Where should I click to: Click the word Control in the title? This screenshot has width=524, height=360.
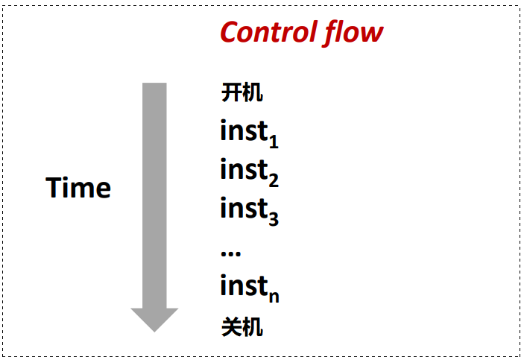click(268, 32)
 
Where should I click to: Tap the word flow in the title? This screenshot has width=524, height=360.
click(353, 33)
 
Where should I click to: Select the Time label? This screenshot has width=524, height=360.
click(78, 188)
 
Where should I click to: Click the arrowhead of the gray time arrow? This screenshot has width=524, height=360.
click(154, 320)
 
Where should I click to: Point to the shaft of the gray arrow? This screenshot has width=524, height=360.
click(154, 195)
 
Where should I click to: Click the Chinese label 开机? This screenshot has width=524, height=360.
click(242, 92)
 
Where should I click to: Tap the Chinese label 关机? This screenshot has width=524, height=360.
click(242, 326)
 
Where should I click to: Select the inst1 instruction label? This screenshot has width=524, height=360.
click(249, 133)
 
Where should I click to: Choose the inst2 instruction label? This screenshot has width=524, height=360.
click(249, 171)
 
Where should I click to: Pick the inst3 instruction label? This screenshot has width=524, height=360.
click(249, 210)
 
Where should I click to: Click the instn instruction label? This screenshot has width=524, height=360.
click(250, 288)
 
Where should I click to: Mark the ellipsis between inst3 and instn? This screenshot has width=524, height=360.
click(230, 253)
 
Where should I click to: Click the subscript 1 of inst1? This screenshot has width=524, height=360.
click(274, 142)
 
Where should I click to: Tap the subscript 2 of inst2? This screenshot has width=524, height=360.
click(274, 180)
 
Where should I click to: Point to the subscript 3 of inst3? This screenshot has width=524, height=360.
click(274, 219)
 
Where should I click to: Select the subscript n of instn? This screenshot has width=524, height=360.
click(274, 297)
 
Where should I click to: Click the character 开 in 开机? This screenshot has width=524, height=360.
click(231, 92)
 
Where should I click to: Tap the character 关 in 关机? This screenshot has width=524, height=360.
click(231, 326)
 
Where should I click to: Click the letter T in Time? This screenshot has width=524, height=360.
click(54, 188)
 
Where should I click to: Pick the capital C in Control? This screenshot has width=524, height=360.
click(230, 32)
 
